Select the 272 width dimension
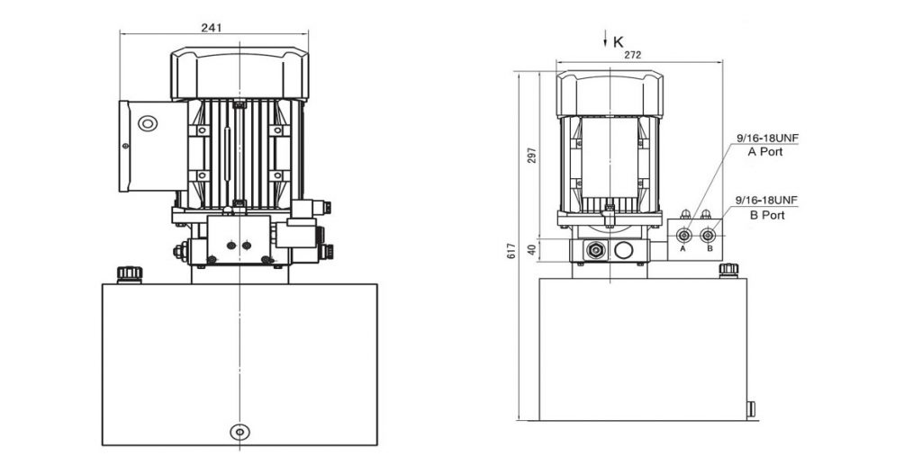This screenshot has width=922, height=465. coord(632,55)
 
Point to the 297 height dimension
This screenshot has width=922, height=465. coord(532,155)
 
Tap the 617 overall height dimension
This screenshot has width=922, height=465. coord(512,253)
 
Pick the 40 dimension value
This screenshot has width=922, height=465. coord(532,249)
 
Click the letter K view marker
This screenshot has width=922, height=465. coord(618,41)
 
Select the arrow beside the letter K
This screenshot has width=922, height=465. coord(605,40)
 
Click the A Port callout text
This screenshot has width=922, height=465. coord(765,151)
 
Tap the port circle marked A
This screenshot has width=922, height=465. coord(684,236)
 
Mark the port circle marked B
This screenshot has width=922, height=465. coord(708,236)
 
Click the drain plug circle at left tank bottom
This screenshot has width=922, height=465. coord(240,432)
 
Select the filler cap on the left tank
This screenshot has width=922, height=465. coord(130,274)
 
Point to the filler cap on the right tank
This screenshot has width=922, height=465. coord(728,270)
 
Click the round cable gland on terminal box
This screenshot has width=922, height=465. coord(148,123)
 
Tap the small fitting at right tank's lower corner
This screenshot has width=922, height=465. coord(751,408)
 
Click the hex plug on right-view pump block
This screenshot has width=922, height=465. coord(596,250)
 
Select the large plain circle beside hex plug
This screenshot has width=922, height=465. coord(623,250)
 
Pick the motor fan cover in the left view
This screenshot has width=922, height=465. coord(240,74)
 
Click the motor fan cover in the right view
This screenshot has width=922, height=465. coord(610,94)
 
